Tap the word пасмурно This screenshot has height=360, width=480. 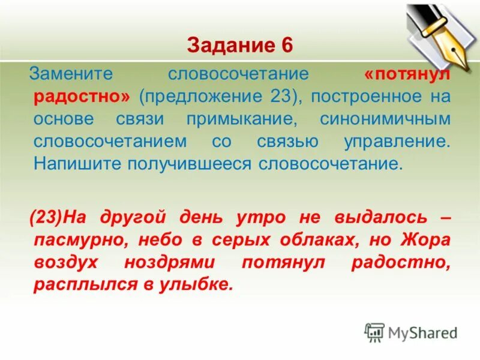point(81,239)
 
